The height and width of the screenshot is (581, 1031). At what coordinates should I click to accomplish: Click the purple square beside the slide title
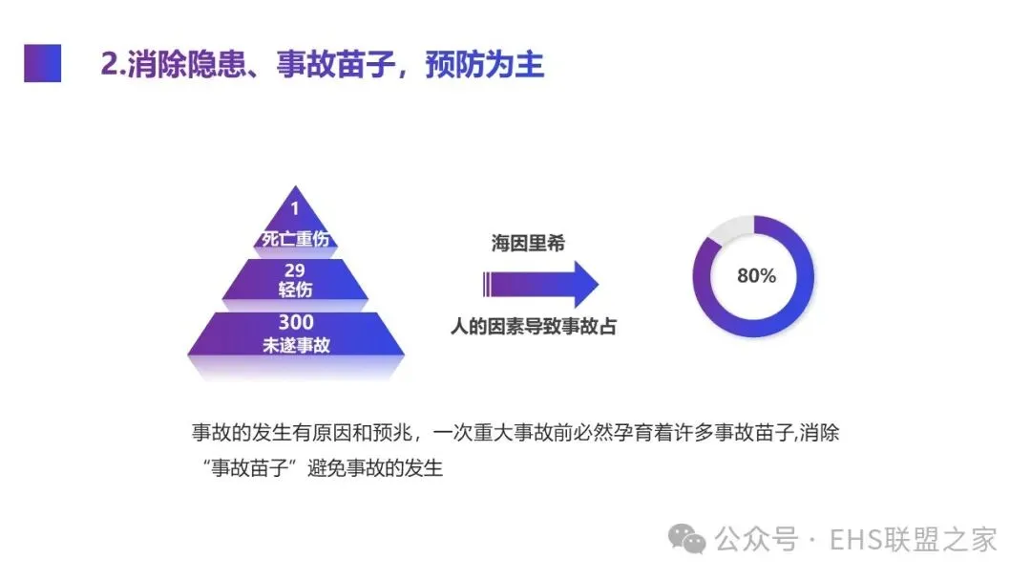pos(42,63)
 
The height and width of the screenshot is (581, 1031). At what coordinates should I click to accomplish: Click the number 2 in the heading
pos(109,64)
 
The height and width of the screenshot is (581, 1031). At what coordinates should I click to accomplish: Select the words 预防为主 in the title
pos(485,64)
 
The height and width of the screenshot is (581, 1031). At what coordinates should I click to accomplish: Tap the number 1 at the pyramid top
pos(295,208)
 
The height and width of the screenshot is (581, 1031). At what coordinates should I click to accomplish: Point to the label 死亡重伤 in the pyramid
pos(295,238)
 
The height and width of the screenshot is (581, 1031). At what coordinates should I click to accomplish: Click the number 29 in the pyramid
pos(295,269)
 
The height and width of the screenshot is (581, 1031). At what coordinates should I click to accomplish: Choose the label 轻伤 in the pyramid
pos(295,290)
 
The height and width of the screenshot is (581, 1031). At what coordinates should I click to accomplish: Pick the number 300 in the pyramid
pos(295,323)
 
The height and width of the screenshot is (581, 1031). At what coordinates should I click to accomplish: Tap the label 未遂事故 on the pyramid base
pos(296,346)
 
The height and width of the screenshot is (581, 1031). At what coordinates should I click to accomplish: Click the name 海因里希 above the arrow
pos(527,244)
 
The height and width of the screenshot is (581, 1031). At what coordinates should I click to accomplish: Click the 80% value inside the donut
pos(756,276)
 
